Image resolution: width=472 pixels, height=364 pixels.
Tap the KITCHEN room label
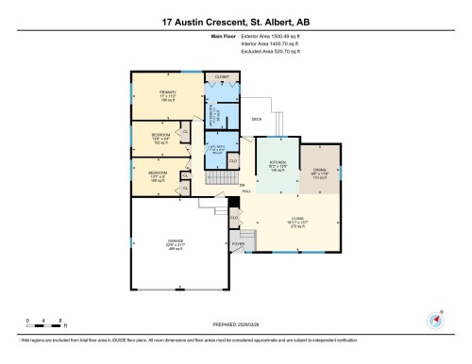(x=277, y=163)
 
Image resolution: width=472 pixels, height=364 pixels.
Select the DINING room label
(x=319, y=171)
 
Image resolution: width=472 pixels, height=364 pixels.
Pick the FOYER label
(x=237, y=243)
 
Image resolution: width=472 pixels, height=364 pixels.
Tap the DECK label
(x=256, y=119)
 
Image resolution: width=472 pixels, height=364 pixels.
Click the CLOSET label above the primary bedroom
(x=222, y=77)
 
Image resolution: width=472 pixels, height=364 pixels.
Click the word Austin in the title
(x=191, y=21)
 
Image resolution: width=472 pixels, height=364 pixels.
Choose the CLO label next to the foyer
(x=234, y=218)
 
